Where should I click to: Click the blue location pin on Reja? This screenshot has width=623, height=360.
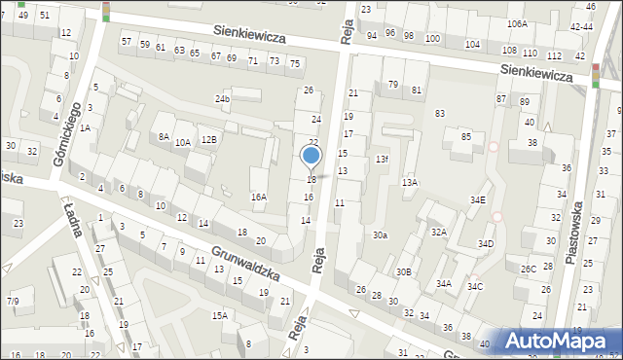311,156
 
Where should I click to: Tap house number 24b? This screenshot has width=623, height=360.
223,99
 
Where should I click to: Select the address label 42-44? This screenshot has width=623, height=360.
582,27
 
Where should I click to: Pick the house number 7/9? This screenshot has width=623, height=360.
13,302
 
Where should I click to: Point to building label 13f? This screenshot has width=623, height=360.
383,159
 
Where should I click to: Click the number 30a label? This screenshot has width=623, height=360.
380,235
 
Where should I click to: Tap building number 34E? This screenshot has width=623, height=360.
478,199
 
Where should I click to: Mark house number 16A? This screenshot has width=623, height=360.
258,198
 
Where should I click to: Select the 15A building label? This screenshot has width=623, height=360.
220,315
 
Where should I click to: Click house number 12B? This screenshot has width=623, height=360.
208,139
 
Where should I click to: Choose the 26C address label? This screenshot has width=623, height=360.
529,269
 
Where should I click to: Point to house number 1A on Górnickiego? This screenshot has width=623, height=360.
86,128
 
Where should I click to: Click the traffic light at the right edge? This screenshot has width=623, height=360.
595,75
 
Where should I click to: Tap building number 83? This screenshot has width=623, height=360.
440,114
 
